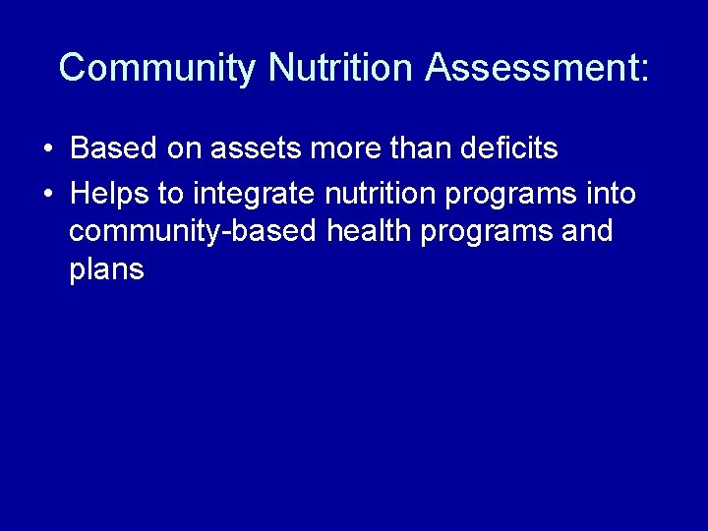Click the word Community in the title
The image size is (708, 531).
(x=157, y=68)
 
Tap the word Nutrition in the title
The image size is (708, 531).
(x=340, y=68)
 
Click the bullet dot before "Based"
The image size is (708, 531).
(x=48, y=150)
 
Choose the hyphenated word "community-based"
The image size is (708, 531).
(x=193, y=232)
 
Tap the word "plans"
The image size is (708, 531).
(x=107, y=269)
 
